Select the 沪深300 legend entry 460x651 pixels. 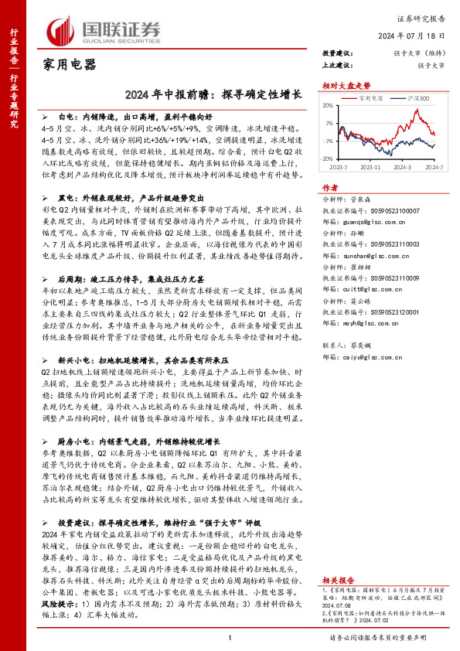tap(416, 98)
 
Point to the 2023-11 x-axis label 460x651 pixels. tap(373, 167)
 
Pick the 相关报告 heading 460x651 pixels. tap(339, 579)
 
